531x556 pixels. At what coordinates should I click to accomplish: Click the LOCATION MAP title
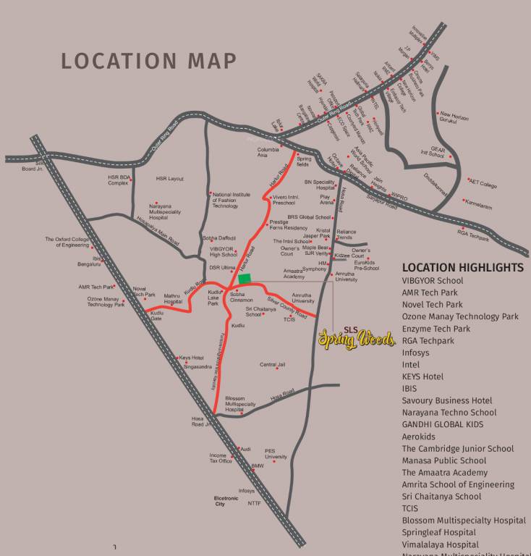(148, 61)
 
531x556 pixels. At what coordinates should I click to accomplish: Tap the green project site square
(244, 278)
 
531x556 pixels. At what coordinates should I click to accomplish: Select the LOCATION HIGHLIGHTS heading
(462, 267)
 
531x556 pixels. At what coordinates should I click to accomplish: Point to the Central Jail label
(273, 365)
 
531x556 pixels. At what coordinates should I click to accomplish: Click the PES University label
(276, 453)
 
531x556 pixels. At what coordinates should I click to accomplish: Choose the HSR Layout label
(170, 179)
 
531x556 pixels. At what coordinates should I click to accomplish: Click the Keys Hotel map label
(192, 358)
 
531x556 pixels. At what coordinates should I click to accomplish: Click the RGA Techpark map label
(473, 235)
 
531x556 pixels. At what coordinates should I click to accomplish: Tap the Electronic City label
(225, 500)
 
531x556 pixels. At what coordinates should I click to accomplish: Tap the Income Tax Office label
(221, 458)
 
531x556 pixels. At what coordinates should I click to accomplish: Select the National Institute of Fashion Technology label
(235, 200)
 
